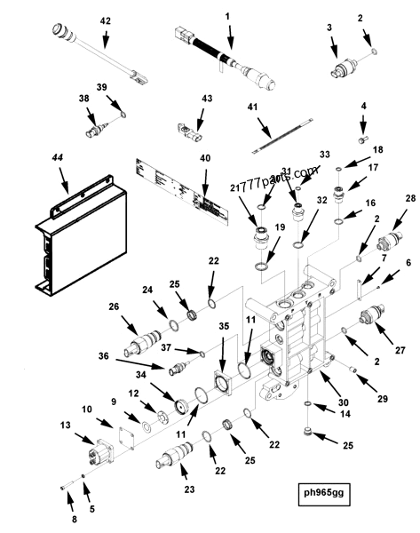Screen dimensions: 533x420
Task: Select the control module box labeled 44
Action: tap(75, 240)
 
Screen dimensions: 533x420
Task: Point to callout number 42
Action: tap(105, 20)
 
